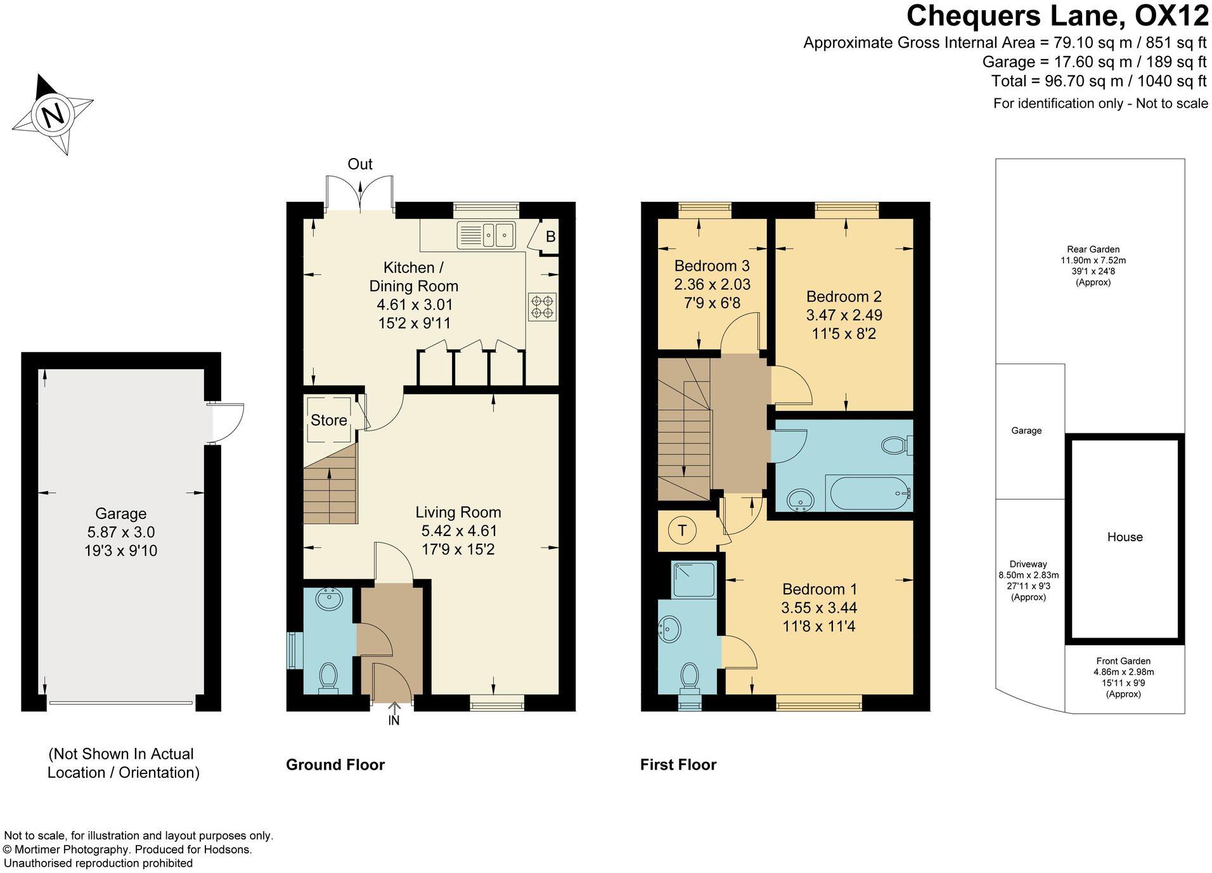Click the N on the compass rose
(53, 115)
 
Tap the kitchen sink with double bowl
(486, 235)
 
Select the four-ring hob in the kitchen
(542, 307)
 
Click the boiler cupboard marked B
(549, 237)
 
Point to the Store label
(328, 420)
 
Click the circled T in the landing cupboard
(682, 530)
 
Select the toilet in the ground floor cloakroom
(328, 676)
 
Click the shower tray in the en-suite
(693, 579)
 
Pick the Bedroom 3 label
(712, 266)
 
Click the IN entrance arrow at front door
(394, 714)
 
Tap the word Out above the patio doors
(360, 164)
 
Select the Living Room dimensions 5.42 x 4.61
(459, 531)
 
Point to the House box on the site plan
(1125, 537)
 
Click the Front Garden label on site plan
(1123, 661)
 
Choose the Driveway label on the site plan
(1028, 564)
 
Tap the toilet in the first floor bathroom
(894, 445)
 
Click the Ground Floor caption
(335, 765)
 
